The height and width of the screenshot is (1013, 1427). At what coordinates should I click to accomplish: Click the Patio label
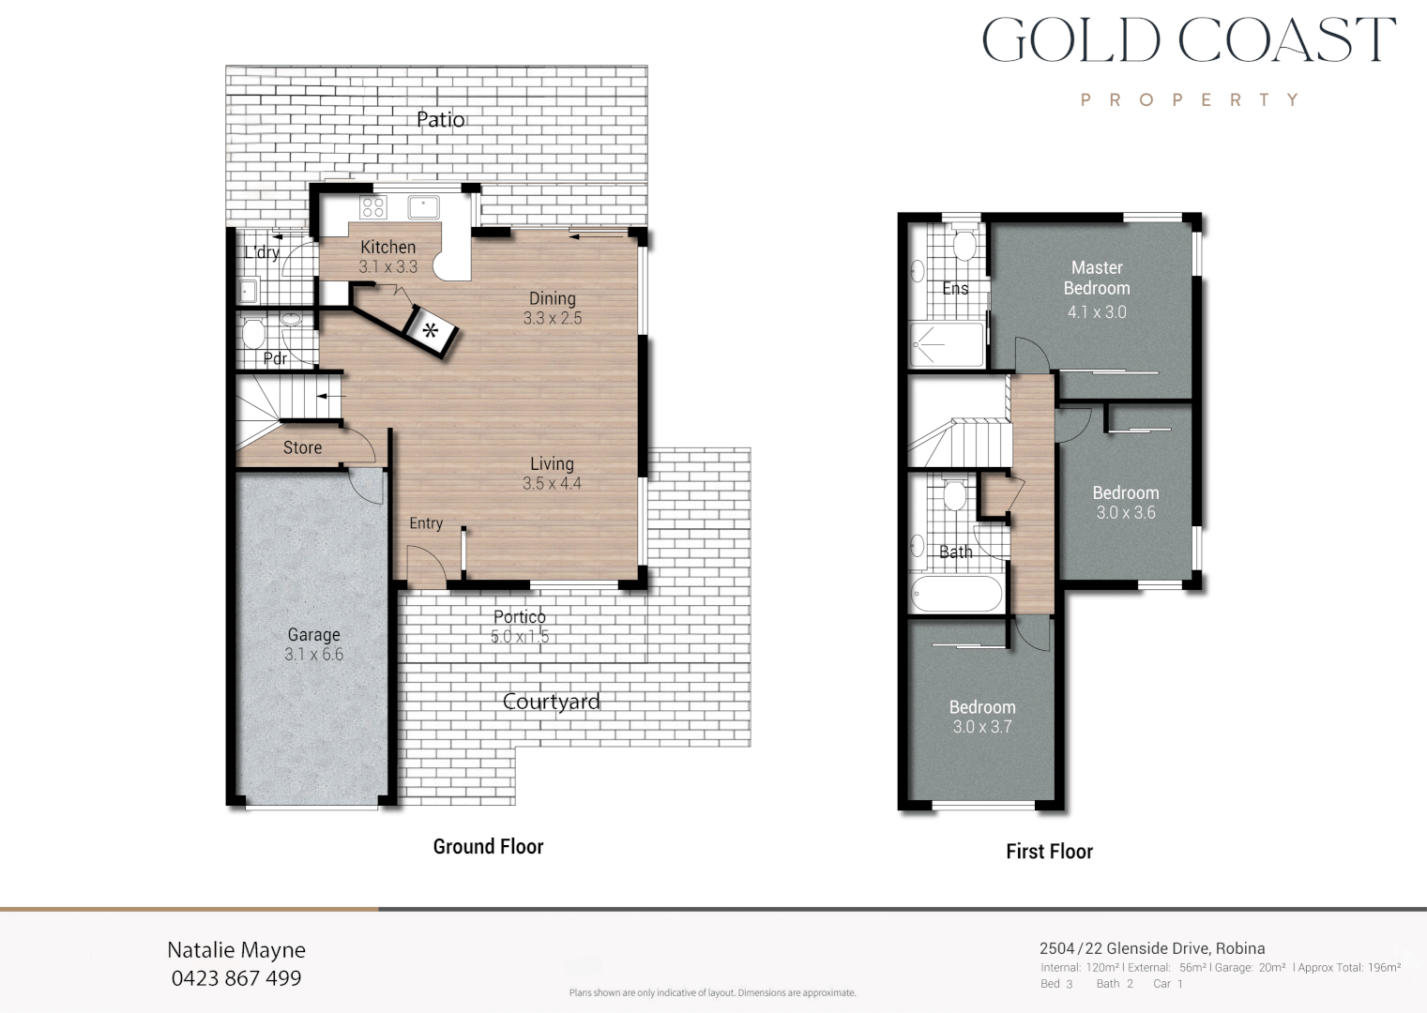[x=440, y=119]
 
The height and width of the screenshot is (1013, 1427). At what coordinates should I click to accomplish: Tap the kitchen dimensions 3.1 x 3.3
[x=387, y=267]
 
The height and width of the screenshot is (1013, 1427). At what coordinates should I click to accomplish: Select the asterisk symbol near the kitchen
[x=431, y=330]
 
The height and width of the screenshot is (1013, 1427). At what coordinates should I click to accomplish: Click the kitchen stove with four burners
[x=373, y=207]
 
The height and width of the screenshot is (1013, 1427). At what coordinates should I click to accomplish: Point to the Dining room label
[x=552, y=298]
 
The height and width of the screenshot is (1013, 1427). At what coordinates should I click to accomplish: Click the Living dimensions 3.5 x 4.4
[x=552, y=484]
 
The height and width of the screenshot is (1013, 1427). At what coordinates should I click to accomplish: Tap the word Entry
[x=426, y=523]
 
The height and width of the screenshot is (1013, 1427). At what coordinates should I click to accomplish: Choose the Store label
[x=302, y=448]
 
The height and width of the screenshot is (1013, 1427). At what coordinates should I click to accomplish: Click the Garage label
[x=313, y=635]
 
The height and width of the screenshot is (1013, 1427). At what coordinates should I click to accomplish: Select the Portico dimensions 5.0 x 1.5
[x=519, y=637]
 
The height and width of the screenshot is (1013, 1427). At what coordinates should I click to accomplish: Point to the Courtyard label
[x=551, y=702]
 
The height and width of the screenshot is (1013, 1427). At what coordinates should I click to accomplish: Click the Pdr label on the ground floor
[x=275, y=358]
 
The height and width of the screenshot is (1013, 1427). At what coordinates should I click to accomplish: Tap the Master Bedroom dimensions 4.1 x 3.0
[x=1097, y=312]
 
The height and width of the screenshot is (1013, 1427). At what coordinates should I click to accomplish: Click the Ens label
[x=955, y=289]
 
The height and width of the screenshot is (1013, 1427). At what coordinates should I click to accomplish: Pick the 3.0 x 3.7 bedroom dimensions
[x=982, y=727]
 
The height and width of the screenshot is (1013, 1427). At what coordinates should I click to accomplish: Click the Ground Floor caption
[x=488, y=847]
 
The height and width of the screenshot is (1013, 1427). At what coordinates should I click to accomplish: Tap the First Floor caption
[x=1049, y=852]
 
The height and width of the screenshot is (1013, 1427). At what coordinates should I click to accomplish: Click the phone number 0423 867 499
[x=236, y=978]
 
